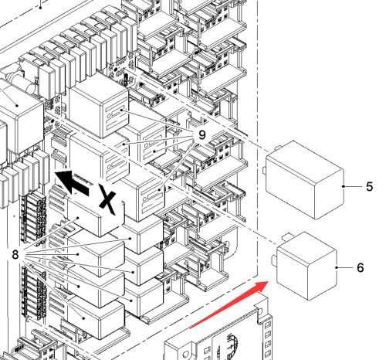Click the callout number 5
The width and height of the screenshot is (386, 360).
tap(369, 186)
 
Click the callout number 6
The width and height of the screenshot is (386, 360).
tap(361, 268)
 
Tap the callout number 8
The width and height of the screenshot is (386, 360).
tap(15, 255)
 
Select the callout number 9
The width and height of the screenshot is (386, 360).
tap(202, 135)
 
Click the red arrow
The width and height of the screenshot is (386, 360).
tap(229, 304)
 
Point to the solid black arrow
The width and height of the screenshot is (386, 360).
tap(72, 182)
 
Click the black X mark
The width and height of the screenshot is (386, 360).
tap(107, 199)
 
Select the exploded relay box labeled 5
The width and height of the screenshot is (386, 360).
tap(305, 180)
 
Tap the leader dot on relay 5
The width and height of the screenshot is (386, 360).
tap(344, 186)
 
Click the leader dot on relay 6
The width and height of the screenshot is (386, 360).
tap(337, 267)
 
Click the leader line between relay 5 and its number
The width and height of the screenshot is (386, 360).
tap(353, 186)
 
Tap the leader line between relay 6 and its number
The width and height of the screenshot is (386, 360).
tap(345, 267)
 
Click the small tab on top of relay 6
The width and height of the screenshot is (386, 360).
tap(288, 236)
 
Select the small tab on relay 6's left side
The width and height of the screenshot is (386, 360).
tap(274, 260)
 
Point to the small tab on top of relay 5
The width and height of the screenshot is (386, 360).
tap(279, 148)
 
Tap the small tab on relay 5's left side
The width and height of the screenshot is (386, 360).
tap(264, 170)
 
